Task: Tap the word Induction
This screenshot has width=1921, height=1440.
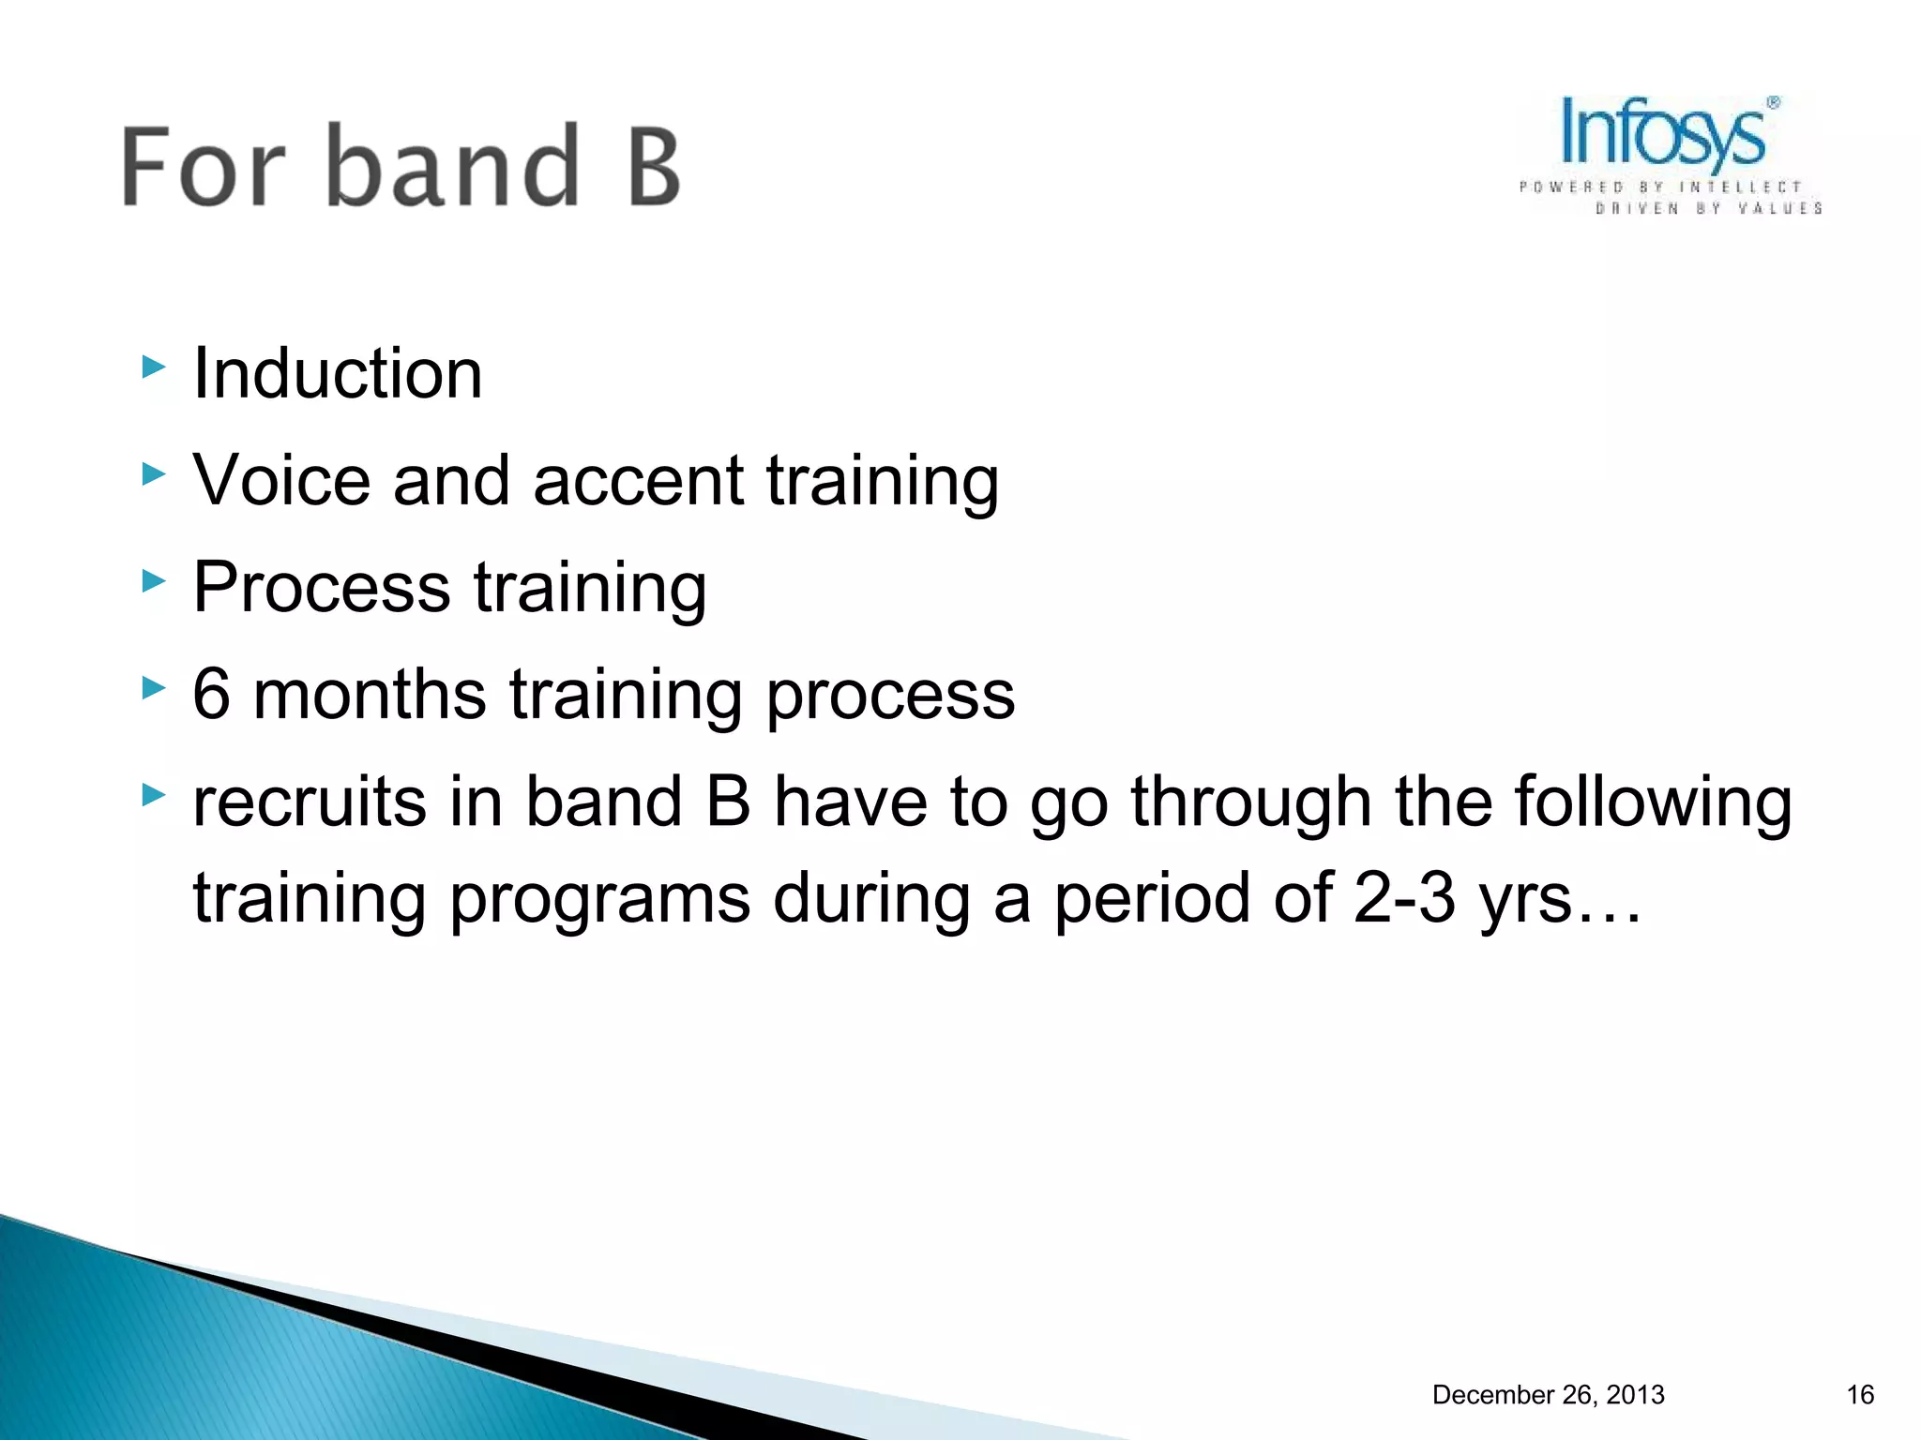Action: (338, 373)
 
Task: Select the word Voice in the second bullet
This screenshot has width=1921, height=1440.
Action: (281, 480)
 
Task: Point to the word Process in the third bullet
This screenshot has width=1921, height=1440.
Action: (322, 588)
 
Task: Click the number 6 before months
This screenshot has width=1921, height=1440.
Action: (211, 695)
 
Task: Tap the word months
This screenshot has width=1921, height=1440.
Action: (370, 695)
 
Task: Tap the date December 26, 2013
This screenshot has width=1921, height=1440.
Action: (1548, 1395)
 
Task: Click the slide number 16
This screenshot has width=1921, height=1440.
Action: (1860, 1395)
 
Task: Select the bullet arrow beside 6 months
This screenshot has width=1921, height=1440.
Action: (153, 689)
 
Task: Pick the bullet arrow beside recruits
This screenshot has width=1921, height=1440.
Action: (153, 796)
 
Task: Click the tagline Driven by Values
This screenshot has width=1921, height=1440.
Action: (1707, 208)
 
